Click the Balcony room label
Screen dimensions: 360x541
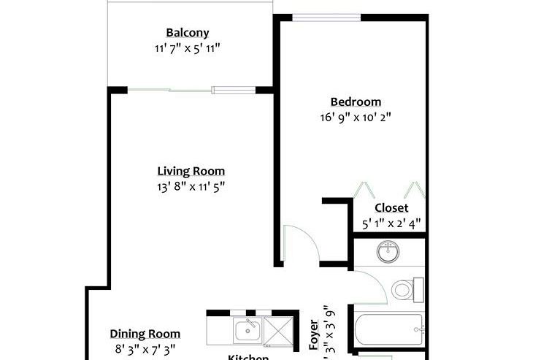tap(188, 33)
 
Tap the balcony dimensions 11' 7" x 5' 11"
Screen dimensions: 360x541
tap(188, 48)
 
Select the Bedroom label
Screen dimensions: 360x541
tap(356, 102)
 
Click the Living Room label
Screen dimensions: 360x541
tap(191, 172)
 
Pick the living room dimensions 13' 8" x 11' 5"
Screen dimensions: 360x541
tap(191, 186)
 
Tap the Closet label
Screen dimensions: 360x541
tap(391, 208)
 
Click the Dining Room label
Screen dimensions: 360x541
tap(145, 334)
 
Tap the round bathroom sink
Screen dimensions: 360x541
tap(388, 253)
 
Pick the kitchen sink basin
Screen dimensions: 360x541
tap(248, 331)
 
